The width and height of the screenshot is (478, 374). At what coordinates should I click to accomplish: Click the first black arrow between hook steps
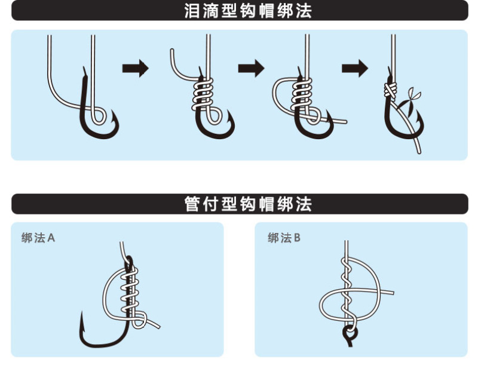click(x=136, y=68)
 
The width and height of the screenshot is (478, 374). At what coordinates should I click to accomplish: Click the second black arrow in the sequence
click(x=251, y=68)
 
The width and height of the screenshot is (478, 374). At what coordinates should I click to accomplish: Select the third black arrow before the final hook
click(x=355, y=68)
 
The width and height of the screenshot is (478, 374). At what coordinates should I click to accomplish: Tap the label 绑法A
click(x=38, y=238)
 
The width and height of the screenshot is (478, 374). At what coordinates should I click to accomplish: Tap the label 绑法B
click(x=284, y=238)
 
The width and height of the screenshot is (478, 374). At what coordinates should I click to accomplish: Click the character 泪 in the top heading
click(x=192, y=11)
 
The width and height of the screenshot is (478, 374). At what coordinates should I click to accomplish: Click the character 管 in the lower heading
click(x=192, y=204)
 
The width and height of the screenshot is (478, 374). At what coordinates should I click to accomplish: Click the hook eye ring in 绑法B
click(x=350, y=333)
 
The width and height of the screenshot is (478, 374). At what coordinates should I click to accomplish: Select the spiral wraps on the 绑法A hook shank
click(x=130, y=291)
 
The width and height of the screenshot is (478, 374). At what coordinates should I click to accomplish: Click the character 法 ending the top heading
click(x=304, y=11)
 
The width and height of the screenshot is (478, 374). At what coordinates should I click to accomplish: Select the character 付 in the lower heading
click(x=210, y=204)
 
